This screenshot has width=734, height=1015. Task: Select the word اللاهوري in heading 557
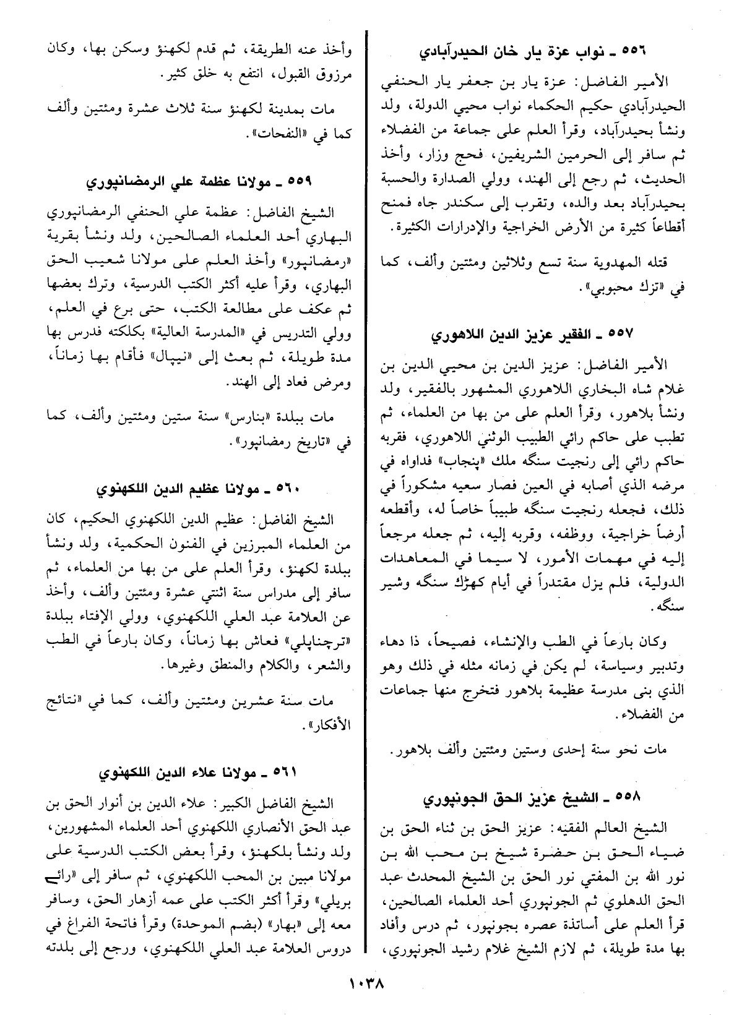458,335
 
